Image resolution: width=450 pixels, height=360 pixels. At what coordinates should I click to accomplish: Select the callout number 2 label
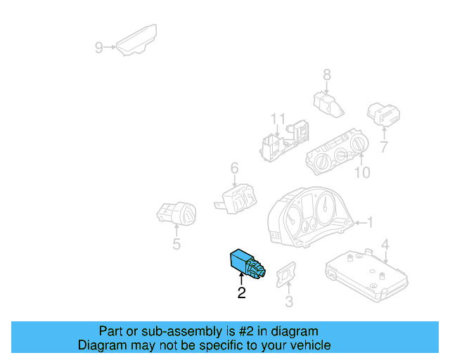(241, 293)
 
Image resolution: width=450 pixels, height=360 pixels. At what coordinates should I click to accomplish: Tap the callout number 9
(99, 48)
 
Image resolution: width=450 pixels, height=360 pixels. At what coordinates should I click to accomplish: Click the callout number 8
(327, 75)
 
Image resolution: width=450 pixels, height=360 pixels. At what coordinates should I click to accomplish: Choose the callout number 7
(384, 148)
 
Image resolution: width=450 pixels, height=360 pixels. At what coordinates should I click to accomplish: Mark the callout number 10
(361, 172)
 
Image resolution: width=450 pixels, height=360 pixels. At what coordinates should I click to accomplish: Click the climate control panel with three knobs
(335, 152)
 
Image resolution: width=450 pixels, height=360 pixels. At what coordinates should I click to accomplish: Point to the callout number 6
(234, 167)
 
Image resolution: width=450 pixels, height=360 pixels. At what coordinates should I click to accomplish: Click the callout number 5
(176, 245)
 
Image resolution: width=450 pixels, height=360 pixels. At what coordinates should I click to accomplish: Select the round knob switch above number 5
(176, 212)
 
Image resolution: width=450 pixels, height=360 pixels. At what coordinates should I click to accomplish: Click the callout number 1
(372, 223)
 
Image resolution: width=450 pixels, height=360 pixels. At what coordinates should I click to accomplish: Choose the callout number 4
(385, 245)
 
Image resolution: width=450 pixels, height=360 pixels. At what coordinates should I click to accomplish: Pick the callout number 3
(288, 302)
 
